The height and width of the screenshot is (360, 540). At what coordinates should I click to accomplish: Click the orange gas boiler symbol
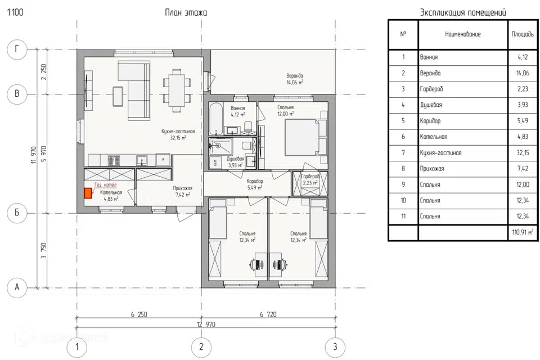pyautogui.click(x=88, y=193)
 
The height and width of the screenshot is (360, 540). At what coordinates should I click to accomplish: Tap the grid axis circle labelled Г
pyautogui.click(x=17, y=49)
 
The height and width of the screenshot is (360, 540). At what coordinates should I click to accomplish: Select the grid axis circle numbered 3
pyautogui.click(x=335, y=346)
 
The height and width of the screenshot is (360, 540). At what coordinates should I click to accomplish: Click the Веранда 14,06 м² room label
pyautogui.click(x=295, y=79)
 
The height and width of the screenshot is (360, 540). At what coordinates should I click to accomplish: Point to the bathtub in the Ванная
pyautogui.click(x=216, y=119)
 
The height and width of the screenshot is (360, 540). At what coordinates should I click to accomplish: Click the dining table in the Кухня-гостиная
pyautogui.click(x=177, y=91)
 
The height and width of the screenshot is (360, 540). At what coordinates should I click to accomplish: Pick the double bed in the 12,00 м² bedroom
pyautogui.click(x=301, y=138)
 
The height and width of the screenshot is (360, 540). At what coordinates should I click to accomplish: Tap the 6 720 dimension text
pyautogui.click(x=268, y=314)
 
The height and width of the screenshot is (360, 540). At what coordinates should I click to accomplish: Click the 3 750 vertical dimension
pyautogui.click(x=44, y=250)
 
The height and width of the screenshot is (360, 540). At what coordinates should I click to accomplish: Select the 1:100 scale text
pyautogui.click(x=15, y=12)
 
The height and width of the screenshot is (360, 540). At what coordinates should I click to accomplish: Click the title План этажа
pyautogui.click(x=186, y=13)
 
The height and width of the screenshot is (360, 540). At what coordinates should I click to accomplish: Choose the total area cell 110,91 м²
pyautogui.click(x=523, y=232)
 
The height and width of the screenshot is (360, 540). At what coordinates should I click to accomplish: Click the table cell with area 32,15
pyautogui.click(x=523, y=152)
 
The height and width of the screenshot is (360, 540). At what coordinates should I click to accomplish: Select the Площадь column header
pyautogui.click(x=523, y=34)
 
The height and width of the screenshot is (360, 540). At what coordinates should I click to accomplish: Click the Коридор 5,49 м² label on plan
pyautogui.click(x=255, y=184)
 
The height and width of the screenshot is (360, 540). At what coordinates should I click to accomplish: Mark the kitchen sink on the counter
pyautogui.click(x=142, y=160)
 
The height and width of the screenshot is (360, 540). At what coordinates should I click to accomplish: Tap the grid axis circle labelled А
pyautogui.click(x=17, y=287)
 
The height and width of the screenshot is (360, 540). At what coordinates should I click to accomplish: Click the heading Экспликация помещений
pyautogui.click(x=463, y=13)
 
